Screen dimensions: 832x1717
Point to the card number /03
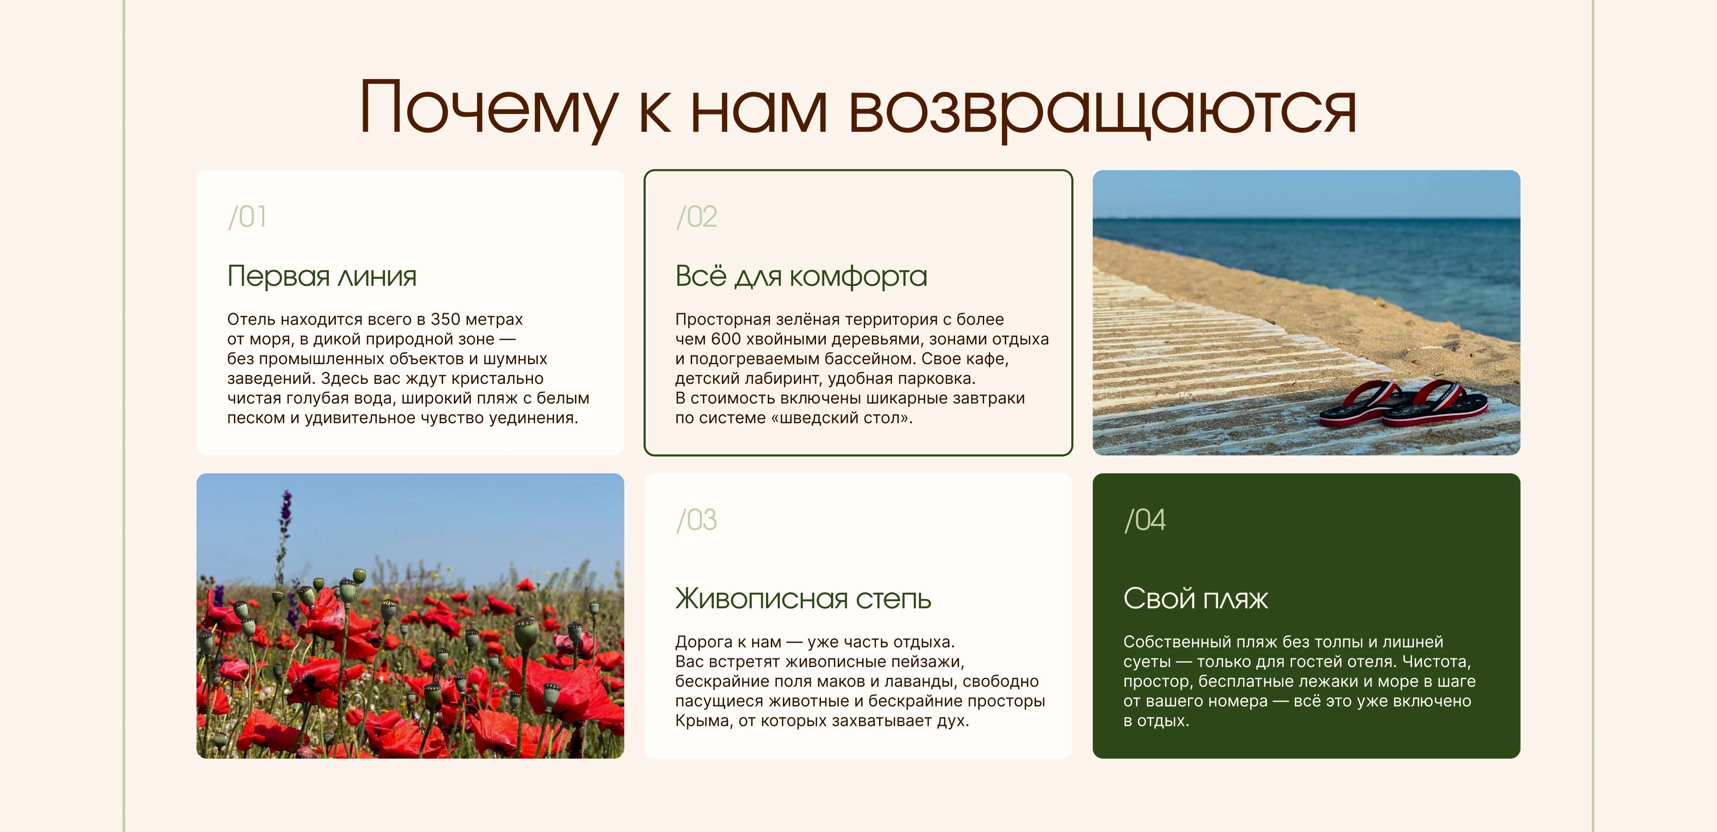[697, 520]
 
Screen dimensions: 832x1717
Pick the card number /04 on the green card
[1145, 520]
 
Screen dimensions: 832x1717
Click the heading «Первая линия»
[322, 276]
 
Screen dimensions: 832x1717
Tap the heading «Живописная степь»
[803, 599]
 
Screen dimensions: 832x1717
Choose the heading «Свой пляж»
[1195, 599]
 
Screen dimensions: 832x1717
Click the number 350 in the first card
[445, 319]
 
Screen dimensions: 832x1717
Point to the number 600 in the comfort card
[726, 340]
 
